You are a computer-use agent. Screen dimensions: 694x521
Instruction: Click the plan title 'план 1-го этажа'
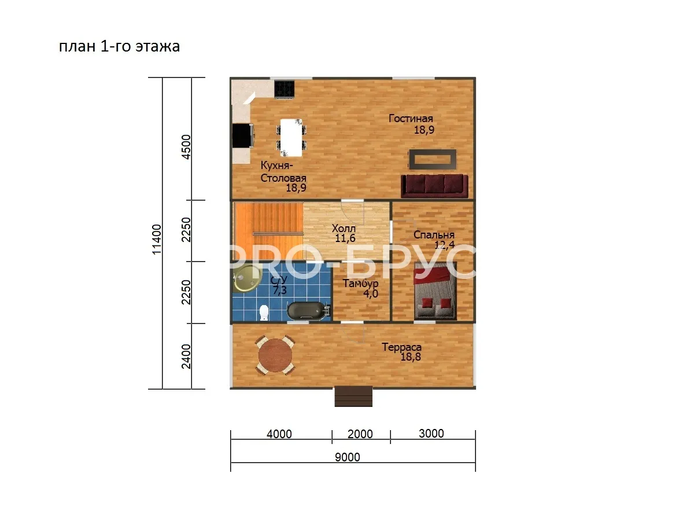pos(119,46)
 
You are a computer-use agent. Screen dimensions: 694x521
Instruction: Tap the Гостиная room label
pos(411,119)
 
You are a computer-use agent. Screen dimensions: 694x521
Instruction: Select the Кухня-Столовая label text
pos(283,172)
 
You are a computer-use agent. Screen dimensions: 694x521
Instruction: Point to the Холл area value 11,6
pos(345,238)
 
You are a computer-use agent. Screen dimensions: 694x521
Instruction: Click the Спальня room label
pos(434,234)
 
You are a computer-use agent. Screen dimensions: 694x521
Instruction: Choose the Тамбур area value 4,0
pos(371,293)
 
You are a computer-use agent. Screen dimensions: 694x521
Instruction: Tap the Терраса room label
pos(401,347)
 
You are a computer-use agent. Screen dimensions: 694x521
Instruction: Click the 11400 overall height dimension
pos(157,239)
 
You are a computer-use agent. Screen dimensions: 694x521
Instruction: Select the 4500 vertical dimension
pos(187,147)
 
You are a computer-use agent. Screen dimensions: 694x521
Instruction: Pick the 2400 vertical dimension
pos(187,357)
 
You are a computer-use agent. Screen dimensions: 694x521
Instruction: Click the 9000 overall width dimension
pos(347,457)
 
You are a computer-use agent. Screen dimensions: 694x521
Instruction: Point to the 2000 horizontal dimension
pos(360,434)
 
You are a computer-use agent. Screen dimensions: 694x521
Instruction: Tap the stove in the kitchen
pos(284,89)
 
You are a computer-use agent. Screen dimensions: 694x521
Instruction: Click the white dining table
pos(291,138)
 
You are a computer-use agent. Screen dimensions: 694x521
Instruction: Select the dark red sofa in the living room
pos(434,186)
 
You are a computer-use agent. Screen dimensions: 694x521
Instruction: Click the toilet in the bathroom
pos(264,312)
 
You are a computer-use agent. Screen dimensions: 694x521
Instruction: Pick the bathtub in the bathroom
pos(309,311)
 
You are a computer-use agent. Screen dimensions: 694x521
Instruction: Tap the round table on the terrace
pos(275,355)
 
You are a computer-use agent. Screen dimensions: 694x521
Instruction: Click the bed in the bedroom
pos(435,291)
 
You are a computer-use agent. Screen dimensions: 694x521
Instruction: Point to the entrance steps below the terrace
pos(353,397)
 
